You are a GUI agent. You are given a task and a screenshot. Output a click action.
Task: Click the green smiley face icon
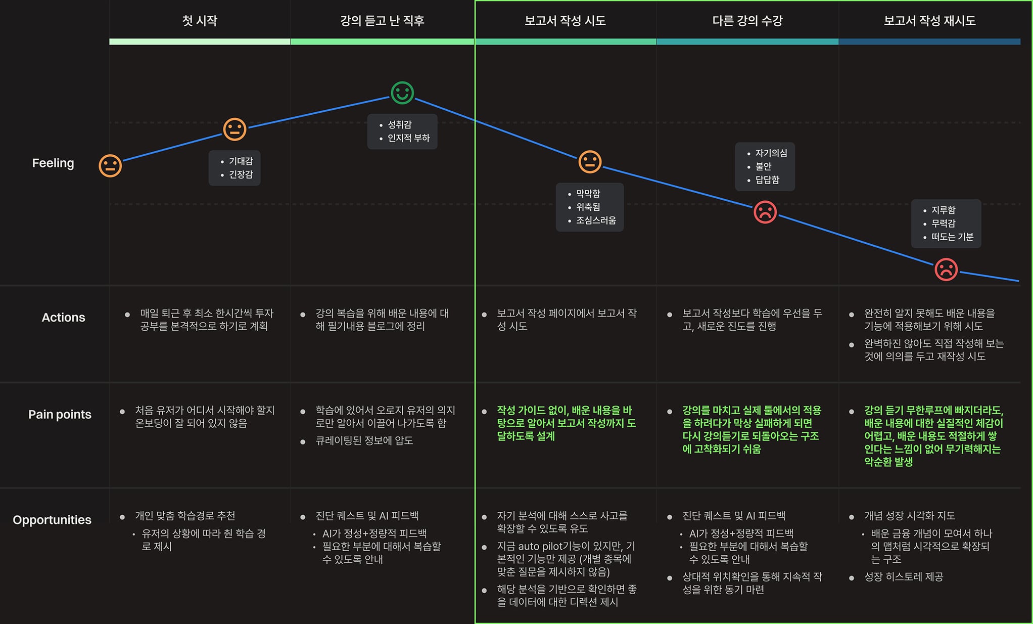(402, 93)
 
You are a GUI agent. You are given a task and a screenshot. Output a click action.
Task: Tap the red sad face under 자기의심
(765, 212)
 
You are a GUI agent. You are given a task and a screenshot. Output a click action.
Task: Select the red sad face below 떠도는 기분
(946, 269)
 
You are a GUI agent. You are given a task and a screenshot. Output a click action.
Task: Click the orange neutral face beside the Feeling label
(110, 165)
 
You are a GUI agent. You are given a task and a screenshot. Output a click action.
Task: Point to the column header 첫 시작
(200, 21)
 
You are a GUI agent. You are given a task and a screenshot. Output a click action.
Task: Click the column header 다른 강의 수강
(747, 21)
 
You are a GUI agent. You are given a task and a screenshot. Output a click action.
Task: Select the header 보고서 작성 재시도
(929, 21)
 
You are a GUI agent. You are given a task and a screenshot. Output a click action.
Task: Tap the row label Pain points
(60, 415)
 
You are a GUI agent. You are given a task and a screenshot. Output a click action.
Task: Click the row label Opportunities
(52, 520)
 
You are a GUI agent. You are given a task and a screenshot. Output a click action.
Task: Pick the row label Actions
(63, 318)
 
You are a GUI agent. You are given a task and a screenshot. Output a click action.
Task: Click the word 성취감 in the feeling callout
(399, 124)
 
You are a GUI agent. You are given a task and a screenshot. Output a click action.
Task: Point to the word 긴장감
(241, 174)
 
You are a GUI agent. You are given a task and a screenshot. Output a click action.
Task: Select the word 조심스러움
(596, 220)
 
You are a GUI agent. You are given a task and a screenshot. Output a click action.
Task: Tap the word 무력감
(943, 224)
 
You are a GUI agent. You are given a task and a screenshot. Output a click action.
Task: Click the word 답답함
(767, 180)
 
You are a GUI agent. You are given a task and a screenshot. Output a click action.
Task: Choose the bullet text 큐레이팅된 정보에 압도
(364, 440)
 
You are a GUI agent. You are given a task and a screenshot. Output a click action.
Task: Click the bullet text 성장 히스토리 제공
(903, 577)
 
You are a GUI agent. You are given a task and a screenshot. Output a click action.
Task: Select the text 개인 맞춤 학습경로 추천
(185, 516)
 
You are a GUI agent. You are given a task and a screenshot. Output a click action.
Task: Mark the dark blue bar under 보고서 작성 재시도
(929, 41)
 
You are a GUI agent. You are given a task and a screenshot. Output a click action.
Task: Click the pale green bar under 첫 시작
(200, 41)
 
